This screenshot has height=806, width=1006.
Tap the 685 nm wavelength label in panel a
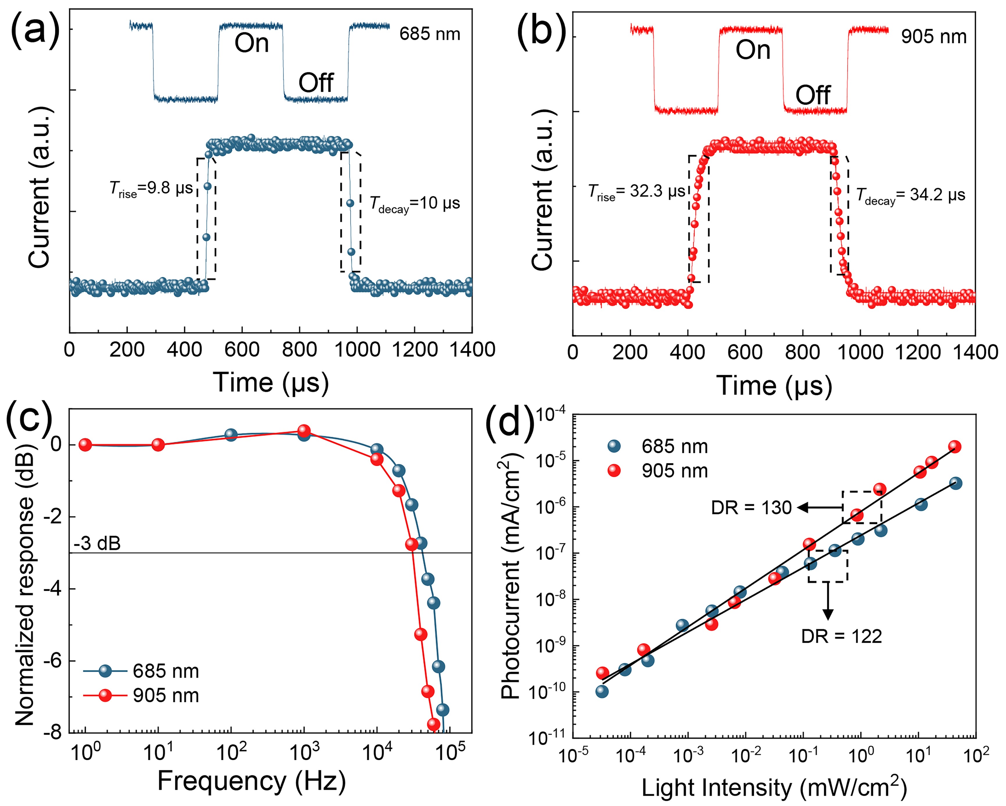429,34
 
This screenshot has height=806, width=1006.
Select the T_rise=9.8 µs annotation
151,189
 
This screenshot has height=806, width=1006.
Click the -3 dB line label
97,543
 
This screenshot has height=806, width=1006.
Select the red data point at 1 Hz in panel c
85,445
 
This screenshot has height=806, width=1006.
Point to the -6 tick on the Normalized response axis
52,661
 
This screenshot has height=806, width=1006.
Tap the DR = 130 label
751,508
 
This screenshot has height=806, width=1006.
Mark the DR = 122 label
841,636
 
